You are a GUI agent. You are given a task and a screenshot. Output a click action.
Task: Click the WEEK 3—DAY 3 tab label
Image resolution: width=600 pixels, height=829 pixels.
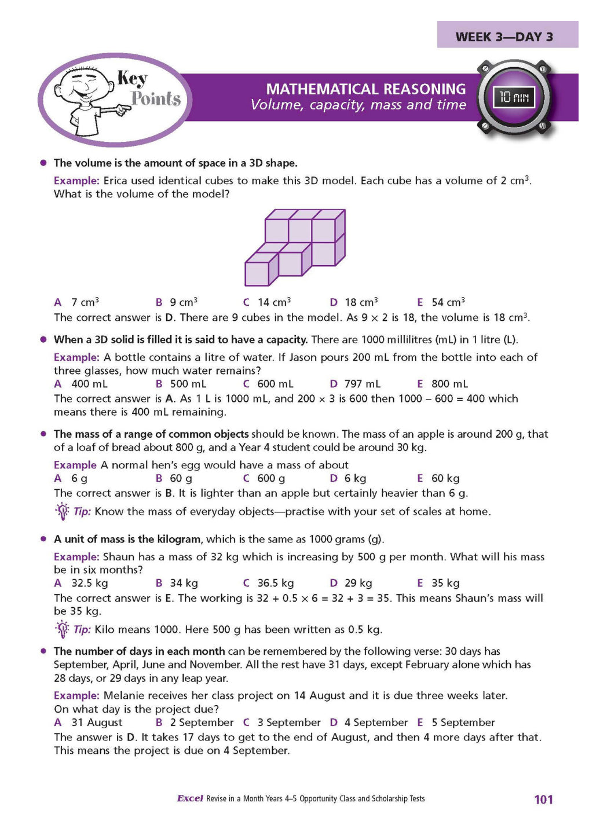504,37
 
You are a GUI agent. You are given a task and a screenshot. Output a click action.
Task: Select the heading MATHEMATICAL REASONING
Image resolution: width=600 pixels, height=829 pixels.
365,89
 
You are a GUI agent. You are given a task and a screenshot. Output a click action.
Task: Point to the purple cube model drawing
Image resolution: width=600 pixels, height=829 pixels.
295,247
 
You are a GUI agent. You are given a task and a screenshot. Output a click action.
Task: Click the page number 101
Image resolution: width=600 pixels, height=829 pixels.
543,799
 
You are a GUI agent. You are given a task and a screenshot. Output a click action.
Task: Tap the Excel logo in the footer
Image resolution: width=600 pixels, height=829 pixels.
190,798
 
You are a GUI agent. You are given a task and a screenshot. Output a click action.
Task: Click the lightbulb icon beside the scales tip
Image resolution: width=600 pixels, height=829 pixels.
62,511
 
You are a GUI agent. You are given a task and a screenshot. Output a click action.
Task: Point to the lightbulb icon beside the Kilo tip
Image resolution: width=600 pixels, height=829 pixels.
62,629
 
